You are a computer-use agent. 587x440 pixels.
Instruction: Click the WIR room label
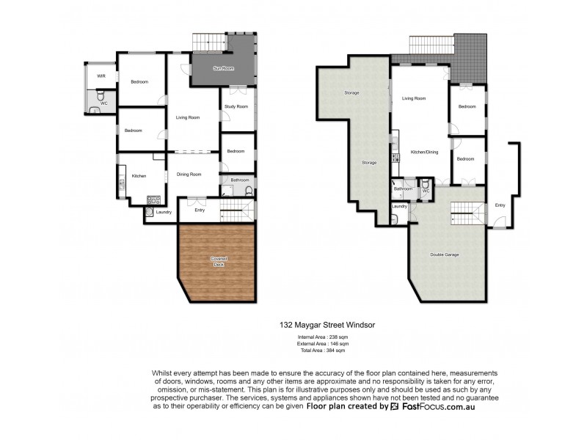tap(93, 76)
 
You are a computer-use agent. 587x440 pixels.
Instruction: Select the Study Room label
tap(236, 106)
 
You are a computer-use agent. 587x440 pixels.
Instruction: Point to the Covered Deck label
tap(219, 262)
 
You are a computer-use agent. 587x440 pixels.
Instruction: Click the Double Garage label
tap(444, 254)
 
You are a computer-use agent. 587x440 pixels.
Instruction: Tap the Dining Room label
tap(190, 174)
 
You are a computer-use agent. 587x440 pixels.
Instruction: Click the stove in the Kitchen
tap(154, 198)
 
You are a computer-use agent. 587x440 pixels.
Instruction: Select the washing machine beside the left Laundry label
tap(150, 213)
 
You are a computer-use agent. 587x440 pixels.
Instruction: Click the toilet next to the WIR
tap(101, 96)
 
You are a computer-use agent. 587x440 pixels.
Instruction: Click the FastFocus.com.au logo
tap(432, 406)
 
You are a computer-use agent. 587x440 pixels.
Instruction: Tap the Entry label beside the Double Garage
tap(500, 205)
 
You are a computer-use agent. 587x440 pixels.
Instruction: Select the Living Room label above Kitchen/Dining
tap(414, 98)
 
